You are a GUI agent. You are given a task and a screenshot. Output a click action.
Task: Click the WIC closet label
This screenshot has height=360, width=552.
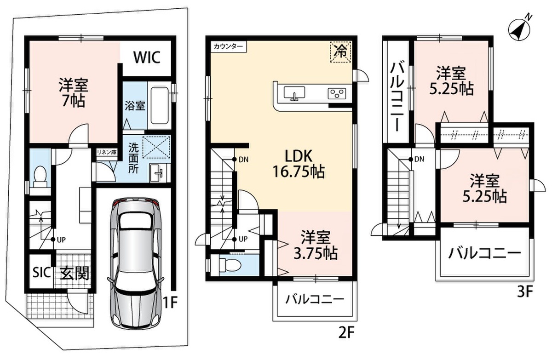coord(147,57)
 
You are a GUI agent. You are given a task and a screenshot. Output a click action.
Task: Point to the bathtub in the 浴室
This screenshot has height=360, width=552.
coord(160,105)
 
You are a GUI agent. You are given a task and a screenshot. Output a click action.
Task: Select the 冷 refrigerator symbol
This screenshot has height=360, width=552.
coord(340,52)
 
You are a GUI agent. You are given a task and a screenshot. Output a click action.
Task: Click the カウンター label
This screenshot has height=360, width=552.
coord(228,46)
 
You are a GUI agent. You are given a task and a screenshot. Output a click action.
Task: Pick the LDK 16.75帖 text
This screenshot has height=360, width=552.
coord(298,164)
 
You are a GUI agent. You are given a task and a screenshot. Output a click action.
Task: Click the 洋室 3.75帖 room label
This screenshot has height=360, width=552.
coord(316,246)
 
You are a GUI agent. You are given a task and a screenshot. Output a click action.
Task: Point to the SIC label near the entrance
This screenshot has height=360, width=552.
coord(42,272)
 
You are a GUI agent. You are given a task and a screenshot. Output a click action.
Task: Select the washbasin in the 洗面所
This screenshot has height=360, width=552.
coord(158,173)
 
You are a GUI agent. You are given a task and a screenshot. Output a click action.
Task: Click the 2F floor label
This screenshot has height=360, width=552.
coord(346,333)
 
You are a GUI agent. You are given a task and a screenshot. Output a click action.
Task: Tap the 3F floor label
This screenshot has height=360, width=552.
coord(525,291)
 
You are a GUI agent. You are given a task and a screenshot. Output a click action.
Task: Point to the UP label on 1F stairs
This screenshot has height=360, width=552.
coord(61,240)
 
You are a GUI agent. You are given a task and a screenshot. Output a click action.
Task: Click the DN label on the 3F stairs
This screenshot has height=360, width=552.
coord(419,160)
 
